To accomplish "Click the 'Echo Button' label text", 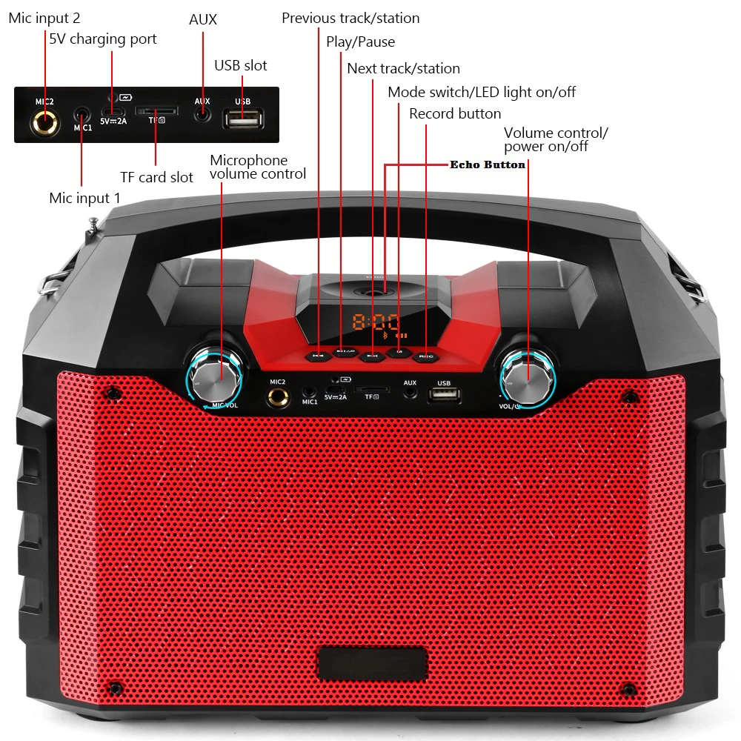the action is [x=488, y=165].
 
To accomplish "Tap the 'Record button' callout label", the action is [x=455, y=113].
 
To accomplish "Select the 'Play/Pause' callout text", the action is [x=360, y=41].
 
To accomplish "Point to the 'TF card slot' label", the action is [x=156, y=177].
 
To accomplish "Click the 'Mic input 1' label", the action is [x=84, y=198].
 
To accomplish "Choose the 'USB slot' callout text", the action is [x=241, y=65].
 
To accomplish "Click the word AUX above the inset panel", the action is [x=202, y=19].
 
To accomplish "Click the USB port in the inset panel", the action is [x=242, y=118].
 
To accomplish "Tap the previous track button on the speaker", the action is [x=318, y=355].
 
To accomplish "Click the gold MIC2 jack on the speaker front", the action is [x=278, y=397].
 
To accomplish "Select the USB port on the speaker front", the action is [x=444, y=396].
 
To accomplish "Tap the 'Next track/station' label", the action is [x=403, y=68].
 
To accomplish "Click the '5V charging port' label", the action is [x=103, y=39].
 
